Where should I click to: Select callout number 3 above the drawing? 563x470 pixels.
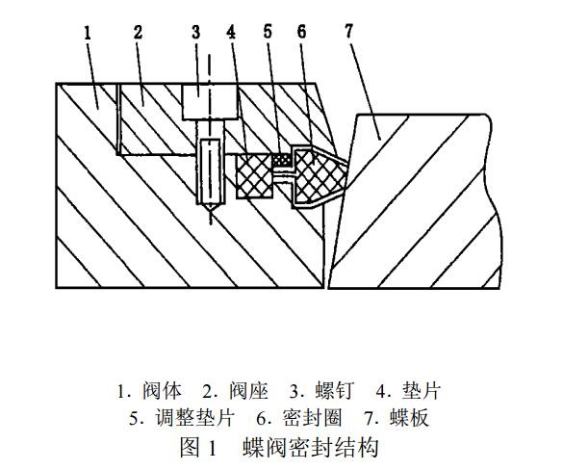[195, 32]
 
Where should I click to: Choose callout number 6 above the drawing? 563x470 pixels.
[301, 32]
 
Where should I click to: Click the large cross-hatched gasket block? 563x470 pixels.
[254, 175]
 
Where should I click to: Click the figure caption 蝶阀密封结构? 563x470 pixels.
[310, 447]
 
